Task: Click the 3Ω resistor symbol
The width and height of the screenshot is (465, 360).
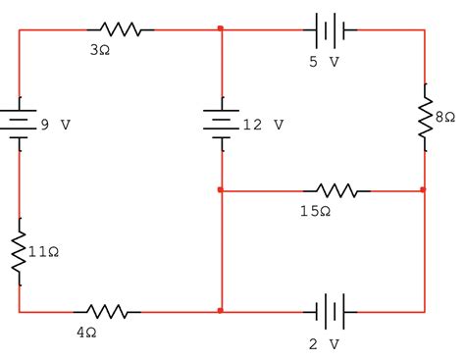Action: click(x=120, y=30)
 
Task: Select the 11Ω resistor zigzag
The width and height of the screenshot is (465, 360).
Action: click(x=19, y=252)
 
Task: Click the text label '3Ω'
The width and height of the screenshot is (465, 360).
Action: click(x=99, y=49)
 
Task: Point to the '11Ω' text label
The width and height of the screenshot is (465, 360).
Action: click(x=43, y=252)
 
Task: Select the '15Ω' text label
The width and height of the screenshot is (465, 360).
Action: click(x=315, y=211)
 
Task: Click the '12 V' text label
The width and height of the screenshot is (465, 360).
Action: click(x=264, y=126)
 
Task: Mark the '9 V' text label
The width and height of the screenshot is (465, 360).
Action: click(x=57, y=126)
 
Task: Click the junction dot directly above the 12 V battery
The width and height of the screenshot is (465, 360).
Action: click(x=222, y=30)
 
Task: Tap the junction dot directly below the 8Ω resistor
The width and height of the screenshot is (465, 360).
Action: click(x=424, y=190)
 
